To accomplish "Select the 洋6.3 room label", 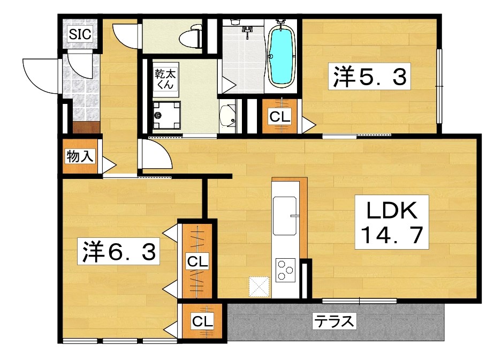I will coord(119,252).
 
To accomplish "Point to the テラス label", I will coord(334,322).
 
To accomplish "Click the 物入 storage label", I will coord(81,156).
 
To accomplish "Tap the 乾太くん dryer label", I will coord(165,79).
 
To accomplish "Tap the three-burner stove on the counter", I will coord(285,269).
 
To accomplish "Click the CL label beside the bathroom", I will coord(280,117).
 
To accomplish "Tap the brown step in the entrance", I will coord(86,127).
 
